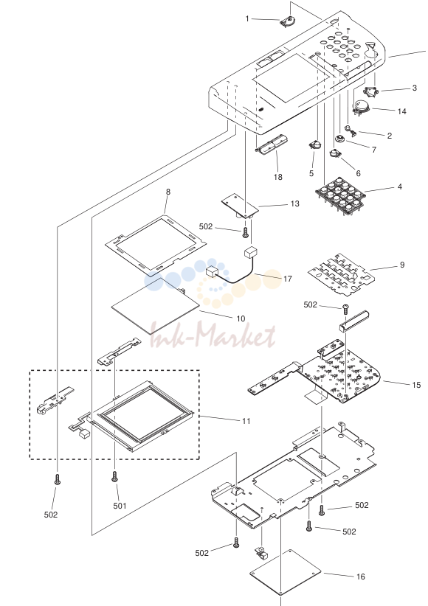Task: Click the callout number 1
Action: click(x=248, y=18)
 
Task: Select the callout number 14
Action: click(x=402, y=111)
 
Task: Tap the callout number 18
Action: click(x=278, y=177)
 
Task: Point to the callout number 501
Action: click(x=120, y=506)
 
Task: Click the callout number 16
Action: click(x=361, y=577)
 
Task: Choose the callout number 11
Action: click(x=246, y=421)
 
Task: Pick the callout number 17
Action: click(x=288, y=279)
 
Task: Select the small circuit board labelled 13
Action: click(x=241, y=206)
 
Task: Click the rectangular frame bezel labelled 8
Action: click(x=156, y=245)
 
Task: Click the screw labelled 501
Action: click(x=114, y=476)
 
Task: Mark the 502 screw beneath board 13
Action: click(x=245, y=233)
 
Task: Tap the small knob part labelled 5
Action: click(x=315, y=145)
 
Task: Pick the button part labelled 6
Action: click(x=335, y=153)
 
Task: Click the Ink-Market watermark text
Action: click(x=213, y=335)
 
